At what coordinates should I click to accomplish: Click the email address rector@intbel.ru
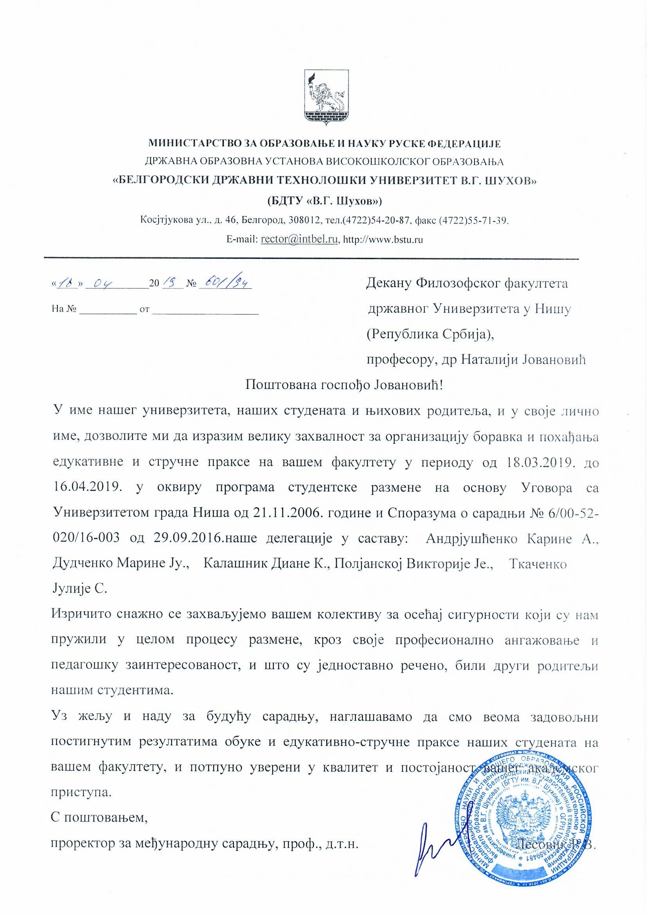pyautogui.click(x=299, y=240)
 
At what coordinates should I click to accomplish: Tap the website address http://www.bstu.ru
pyautogui.click(x=383, y=240)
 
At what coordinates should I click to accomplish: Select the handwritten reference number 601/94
pyautogui.click(x=225, y=283)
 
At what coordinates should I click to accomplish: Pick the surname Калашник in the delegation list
pyautogui.click(x=230, y=564)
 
